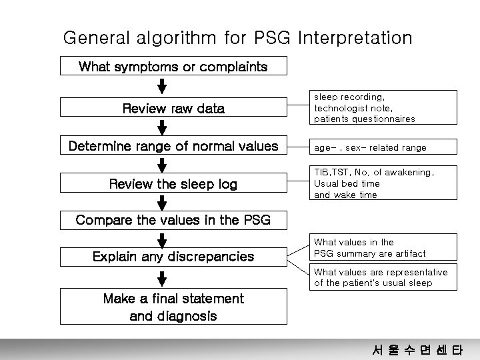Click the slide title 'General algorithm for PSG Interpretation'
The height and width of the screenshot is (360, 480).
[237, 37]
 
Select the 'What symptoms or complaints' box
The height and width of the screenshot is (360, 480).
[173, 67]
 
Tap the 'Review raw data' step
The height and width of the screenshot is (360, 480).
[173, 108]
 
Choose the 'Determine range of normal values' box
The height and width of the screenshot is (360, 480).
[173, 146]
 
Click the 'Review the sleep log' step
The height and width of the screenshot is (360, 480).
[173, 183]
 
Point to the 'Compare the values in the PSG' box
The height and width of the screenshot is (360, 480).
[173, 220]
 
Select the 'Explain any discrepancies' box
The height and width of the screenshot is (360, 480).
[173, 256]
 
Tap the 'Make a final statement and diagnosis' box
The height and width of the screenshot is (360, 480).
[173, 307]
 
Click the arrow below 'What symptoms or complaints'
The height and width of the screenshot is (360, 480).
[162, 87]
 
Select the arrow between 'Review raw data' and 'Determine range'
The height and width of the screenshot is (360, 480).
[162, 127]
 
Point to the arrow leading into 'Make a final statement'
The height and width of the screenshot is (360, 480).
[162, 277]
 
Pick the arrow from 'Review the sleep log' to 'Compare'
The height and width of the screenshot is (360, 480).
[162, 202]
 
